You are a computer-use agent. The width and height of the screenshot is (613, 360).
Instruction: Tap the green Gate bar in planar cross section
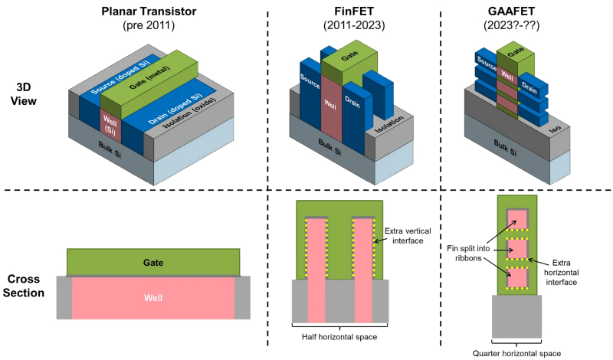click(x=152, y=262)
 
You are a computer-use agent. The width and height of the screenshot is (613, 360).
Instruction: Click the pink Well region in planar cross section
click(x=152, y=296)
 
